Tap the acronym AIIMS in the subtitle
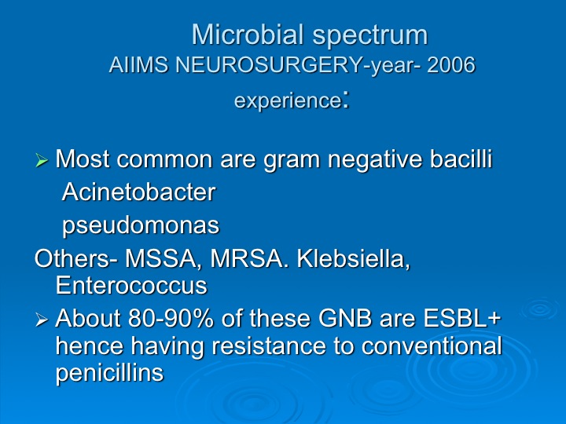pyautogui.click(x=138, y=65)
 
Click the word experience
pyautogui.click(x=288, y=101)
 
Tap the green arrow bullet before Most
pyautogui.click(x=42, y=160)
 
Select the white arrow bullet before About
pyautogui.click(x=42, y=320)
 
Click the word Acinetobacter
pyautogui.click(x=139, y=192)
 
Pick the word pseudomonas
pyautogui.click(x=141, y=226)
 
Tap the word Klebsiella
pyautogui.click(x=354, y=258)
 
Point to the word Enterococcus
pyautogui.click(x=132, y=285)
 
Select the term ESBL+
pyautogui.click(x=462, y=318)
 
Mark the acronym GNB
pyautogui.click(x=345, y=318)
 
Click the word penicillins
pyautogui.click(x=110, y=373)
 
